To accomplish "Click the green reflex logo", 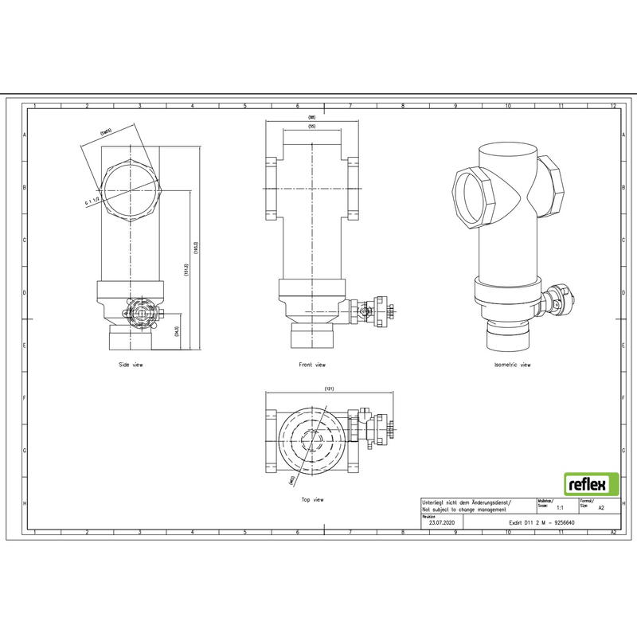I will pyautogui.click(x=591, y=483).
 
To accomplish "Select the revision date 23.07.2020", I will pyautogui.click(x=440, y=523).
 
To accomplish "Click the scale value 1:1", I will pyautogui.click(x=560, y=506).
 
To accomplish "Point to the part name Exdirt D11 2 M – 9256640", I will pyautogui.click(x=541, y=523).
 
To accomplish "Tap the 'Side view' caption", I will pyautogui.click(x=130, y=365).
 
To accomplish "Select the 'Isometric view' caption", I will pyautogui.click(x=512, y=365).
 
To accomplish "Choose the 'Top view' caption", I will pyautogui.click(x=312, y=499).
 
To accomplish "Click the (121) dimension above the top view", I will pyautogui.click(x=328, y=389).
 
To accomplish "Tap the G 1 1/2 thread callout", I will pyautogui.click(x=92, y=203).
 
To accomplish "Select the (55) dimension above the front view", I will pyautogui.click(x=311, y=127).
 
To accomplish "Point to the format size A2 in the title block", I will pyautogui.click(x=601, y=506).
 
